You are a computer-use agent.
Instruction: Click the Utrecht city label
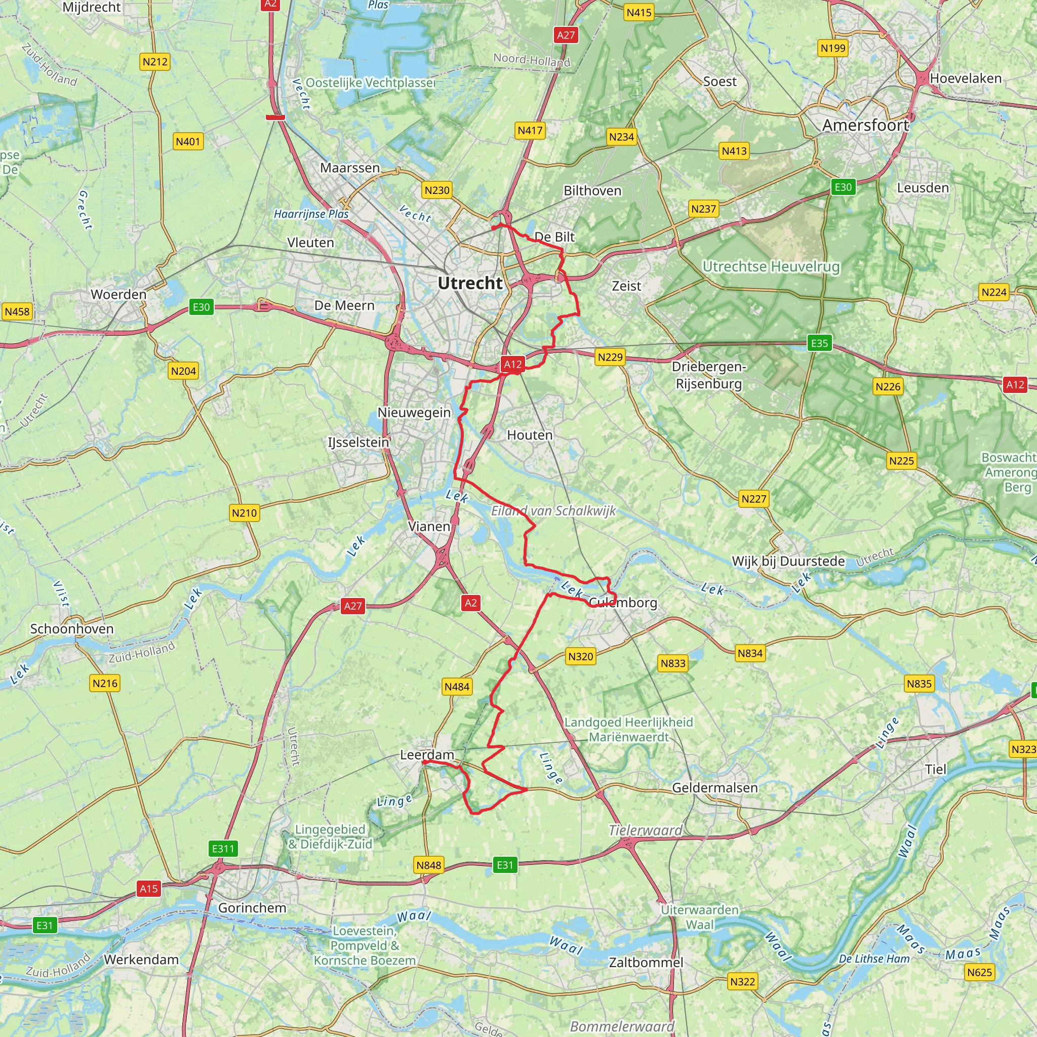click(x=470, y=283)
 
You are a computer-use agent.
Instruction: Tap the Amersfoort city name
click(x=865, y=125)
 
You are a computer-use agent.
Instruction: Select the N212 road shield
click(x=155, y=62)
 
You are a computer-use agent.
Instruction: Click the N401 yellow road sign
click(x=188, y=142)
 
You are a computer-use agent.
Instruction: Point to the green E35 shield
click(x=819, y=343)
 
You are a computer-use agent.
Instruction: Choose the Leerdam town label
click(x=427, y=754)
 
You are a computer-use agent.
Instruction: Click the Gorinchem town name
click(x=252, y=908)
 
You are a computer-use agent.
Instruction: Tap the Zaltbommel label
click(x=646, y=963)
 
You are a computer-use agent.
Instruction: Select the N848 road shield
click(x=428, y=865)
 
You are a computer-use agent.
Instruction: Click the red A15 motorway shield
click(x=149, y=888)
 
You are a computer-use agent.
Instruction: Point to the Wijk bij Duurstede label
click(x=788, y=562)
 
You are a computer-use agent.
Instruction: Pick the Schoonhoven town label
click(x=72, y=628)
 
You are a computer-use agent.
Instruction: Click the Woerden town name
click(x=118, y=294)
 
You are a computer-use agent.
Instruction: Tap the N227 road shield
click(x=753, y=499)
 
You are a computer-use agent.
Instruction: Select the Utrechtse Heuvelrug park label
click(x=771, y=266)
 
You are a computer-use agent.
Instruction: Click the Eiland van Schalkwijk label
click(x=553, y=510)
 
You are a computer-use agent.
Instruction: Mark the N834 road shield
click(x=749, y=653)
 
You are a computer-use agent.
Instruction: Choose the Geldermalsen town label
click(x=714, y=787)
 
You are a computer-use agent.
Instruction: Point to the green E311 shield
click(x=223, y=849)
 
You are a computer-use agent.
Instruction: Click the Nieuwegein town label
click(x=414, y=412)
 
